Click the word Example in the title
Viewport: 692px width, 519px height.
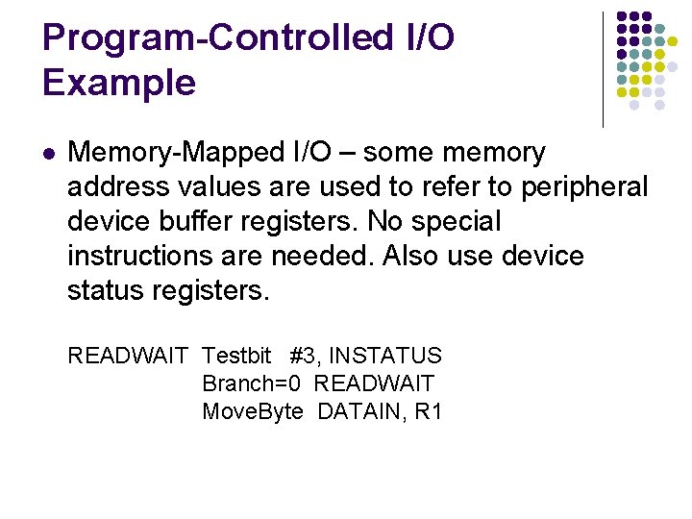[119, 83]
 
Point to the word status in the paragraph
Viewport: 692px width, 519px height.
[107, 290]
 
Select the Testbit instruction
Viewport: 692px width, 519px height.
[236, 357]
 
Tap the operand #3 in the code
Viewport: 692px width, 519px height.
[303, 357]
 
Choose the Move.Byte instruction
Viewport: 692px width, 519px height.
[253, 412]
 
